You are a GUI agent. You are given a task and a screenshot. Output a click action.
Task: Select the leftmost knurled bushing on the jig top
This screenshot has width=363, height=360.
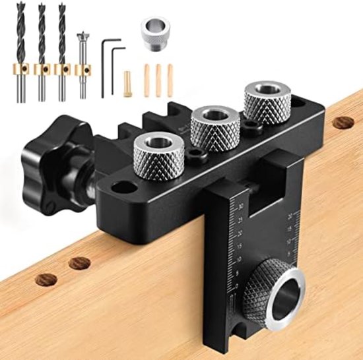click(157, 153)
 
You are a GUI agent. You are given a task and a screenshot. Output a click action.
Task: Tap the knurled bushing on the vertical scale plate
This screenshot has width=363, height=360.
click(267, 291)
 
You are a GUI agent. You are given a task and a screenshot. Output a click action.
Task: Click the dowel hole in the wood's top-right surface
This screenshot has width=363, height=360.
click(343, 122)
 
